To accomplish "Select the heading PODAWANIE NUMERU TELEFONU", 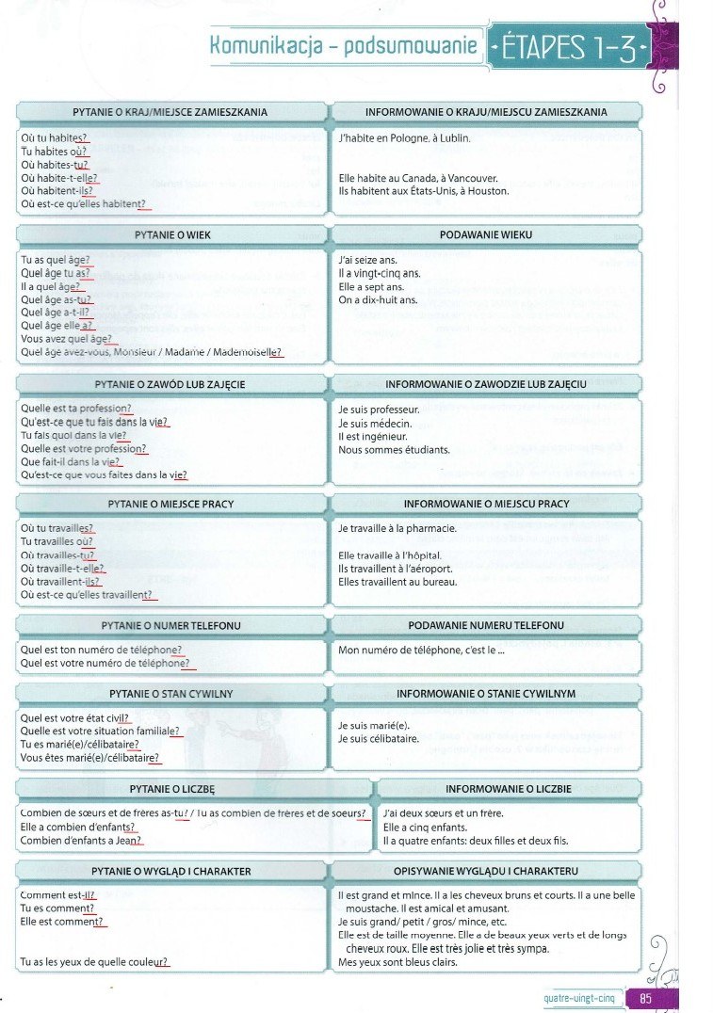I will click(x=486, y=625).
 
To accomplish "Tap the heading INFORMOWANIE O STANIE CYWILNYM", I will click(x=486, y=694).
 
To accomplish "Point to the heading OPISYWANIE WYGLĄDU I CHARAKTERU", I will click(x=486, y=871).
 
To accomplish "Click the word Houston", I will click(x=489, y=191).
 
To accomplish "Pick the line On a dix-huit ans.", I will click(x=377, y=300).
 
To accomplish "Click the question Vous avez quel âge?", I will click(x=67, y=339).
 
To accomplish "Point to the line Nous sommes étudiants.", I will click(x=394, y=450).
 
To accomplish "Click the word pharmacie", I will click(x=430, y=529).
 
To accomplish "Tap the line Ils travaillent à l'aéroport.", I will click(x=395, y=569).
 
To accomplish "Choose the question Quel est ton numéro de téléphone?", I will click(x=101, y=650).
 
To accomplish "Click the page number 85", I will click(x=646, y=999).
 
